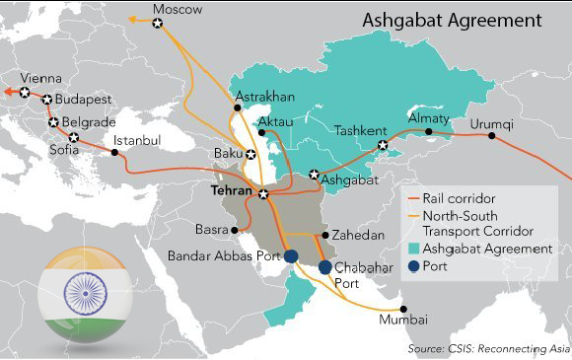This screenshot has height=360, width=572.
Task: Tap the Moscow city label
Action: click(x=178, y=9)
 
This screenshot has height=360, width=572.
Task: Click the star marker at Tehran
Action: click(x=263, y=194)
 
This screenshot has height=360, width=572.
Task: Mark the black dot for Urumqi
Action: click(x=491, y=135)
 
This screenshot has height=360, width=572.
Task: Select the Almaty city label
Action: click(x=428, y=118)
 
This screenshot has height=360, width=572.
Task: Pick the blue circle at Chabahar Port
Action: click(x=325, y=267)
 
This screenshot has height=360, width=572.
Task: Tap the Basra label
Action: click(x=212, y=230)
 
